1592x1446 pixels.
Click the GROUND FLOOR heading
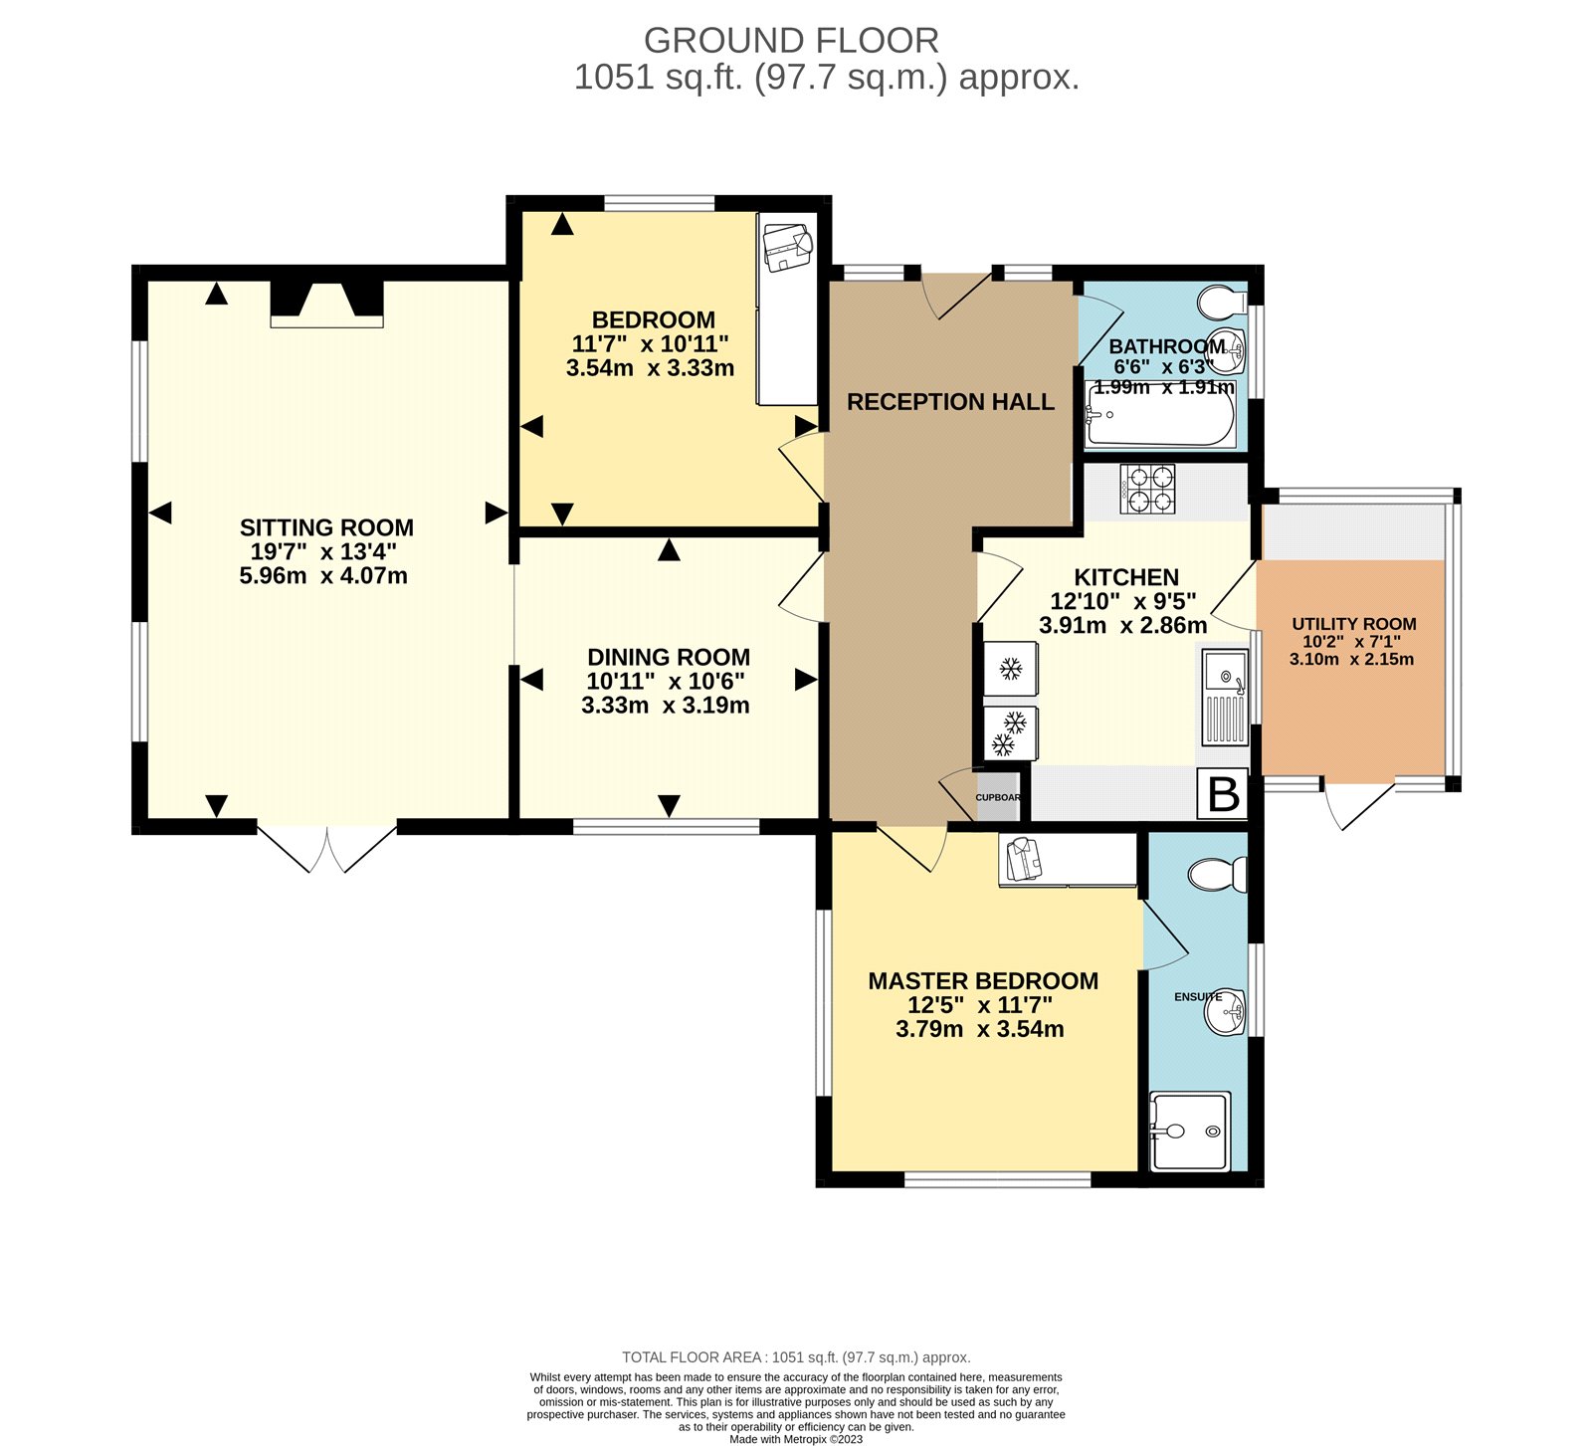791,41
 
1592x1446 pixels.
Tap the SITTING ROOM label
326,527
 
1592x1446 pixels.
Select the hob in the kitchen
1147,489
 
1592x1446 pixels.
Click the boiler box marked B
1223,794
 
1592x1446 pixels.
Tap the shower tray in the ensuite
1190,1132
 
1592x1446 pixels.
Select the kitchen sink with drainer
1225,698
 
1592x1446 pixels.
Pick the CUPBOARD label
998,798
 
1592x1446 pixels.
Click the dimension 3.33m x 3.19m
666,706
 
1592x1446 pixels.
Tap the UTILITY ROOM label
1353,624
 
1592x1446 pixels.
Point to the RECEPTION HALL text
950,402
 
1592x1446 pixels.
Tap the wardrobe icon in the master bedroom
1022,860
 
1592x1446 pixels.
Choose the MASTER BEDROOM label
983,981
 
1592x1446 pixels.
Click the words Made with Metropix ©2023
796,1439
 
